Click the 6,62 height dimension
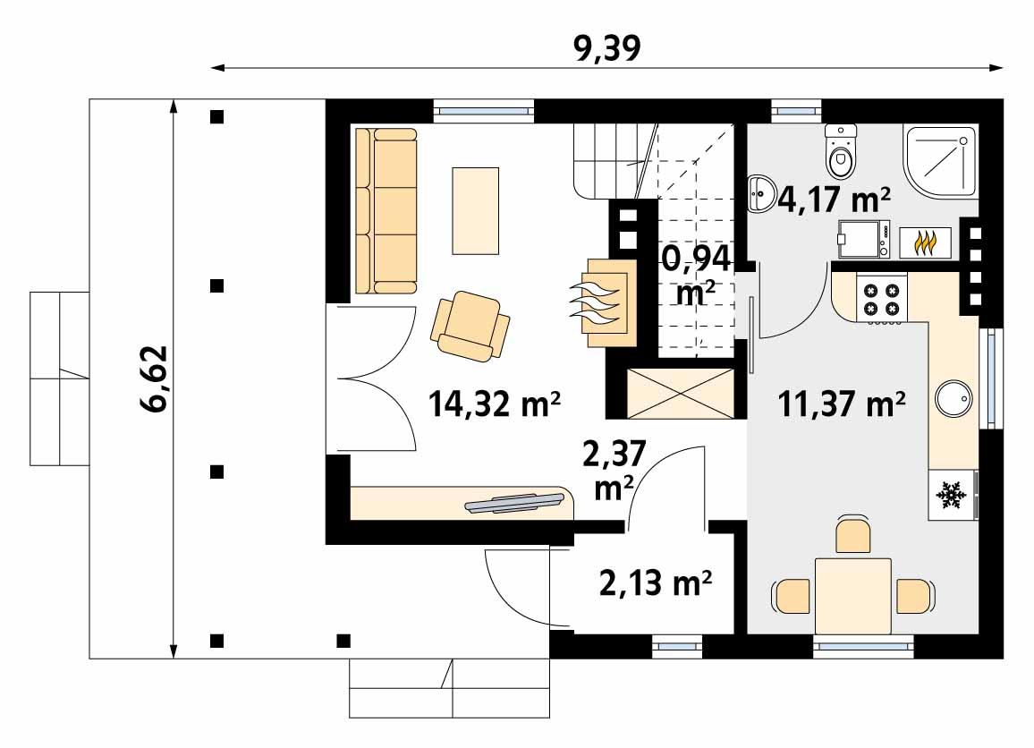[152, 381]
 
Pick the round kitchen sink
[953, 399]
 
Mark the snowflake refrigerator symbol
[952, 494]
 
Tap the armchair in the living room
[470, 326]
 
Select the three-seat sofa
[386, 211]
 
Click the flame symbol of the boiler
[926, 242]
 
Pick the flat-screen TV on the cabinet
[516, 504]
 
